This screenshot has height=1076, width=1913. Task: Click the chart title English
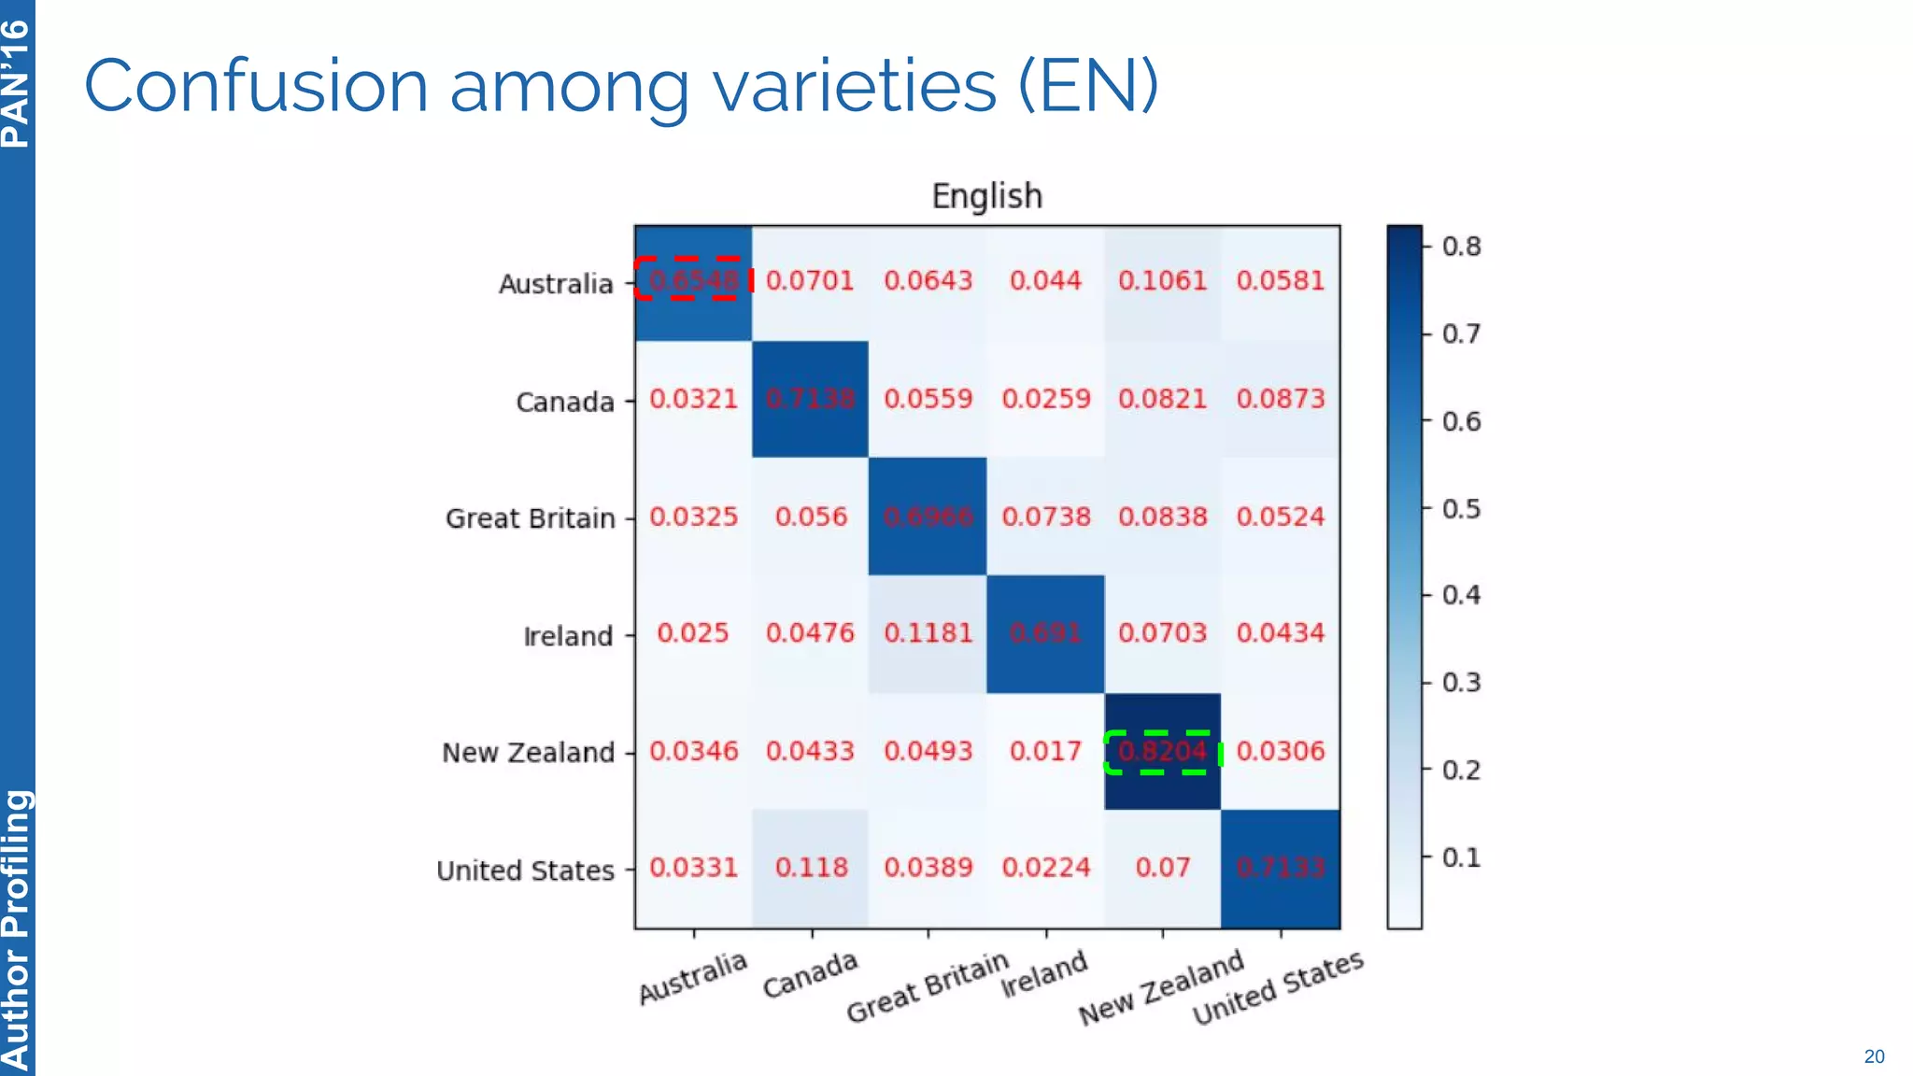pyautogui.click(x=986, y=196)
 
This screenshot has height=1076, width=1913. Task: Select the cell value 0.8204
pyautogui.click(x=1162, y=752)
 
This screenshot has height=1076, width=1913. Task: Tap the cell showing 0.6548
pyautogui.click(x=693, y=280)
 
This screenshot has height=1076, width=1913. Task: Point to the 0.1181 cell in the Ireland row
pyautogui.click(x=928, y=633)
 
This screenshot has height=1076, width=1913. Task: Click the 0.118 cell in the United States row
pyautogui.click(x=811, y=868)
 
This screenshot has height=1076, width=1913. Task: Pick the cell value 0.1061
pyautogui.click(x=1162, y=280)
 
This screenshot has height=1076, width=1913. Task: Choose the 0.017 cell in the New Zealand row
pyautogui.click(x=1044, y=752)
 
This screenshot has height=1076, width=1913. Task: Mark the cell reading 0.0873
pyautogui.click(x=1280, y=399)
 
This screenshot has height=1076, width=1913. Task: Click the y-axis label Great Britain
pyautogui.click(x=530, y=518)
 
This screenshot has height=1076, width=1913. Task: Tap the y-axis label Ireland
pyautogui.click(x=568, y=637)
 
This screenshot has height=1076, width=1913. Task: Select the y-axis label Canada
pyautogui.click(x=565, y=403)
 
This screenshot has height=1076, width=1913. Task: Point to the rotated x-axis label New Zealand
pyautogui.click(x=1161, y=988)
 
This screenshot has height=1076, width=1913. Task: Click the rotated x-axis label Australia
pyautogui.click(x=692, y=978)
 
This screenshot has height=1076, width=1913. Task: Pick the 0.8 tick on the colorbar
pyautogui.click(x=1461, y=247)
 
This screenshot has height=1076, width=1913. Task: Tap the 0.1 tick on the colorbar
pyautogui.click(x=1461, y=857)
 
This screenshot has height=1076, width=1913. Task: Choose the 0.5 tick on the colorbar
pyautogui.click(x=1461, y=509)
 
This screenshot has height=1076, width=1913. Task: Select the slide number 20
pyautogui.click(x=1874, y=1056)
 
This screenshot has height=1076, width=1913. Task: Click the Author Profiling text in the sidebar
pyautogui.click(x=16, y=929)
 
